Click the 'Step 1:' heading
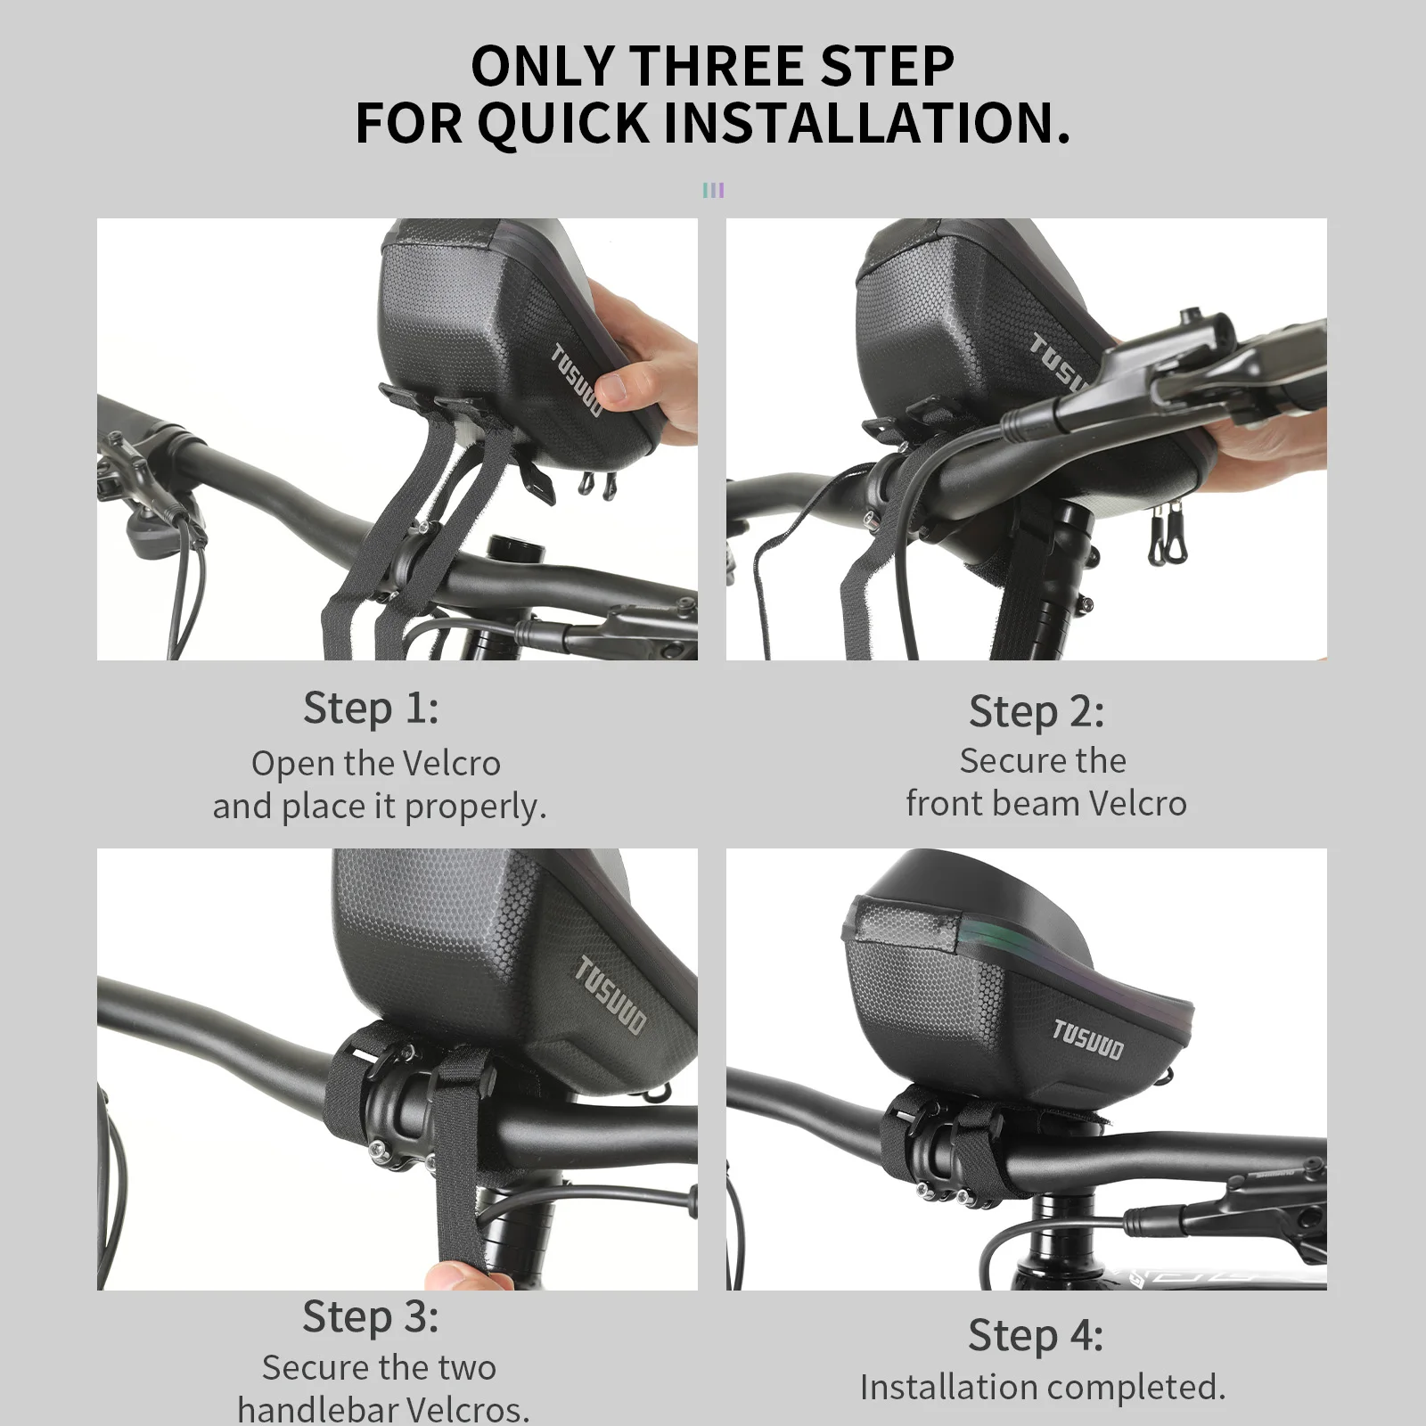371,709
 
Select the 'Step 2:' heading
1037,711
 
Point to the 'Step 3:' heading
371,1316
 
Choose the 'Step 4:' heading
1036,1336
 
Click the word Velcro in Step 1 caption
452,763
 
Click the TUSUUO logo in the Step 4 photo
1088,1040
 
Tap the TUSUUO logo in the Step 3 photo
611,996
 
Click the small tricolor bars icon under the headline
713,190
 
